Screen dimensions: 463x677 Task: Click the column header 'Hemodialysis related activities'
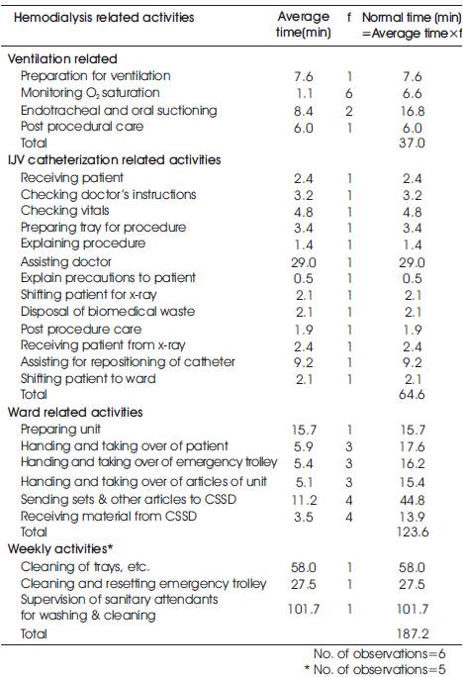click(x=104, y=18)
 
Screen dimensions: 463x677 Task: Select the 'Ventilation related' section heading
click(x=62, y=58)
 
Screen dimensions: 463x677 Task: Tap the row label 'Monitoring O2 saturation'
click(x=90, y=93)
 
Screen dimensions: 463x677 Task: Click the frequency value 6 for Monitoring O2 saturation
click(x=349, y=93)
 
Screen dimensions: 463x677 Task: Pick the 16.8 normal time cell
click(x=413, y=111)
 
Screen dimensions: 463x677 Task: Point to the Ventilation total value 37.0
click(x=413, y=143)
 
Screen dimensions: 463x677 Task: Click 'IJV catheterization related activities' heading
click(x=115, y=160)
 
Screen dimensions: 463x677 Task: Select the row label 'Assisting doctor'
click(x=66, y=261)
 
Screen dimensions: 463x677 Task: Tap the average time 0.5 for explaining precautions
click(x=304, y=278)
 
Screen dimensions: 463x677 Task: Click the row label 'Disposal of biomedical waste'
click(x=108, y=312)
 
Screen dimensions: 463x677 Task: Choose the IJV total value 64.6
click(x=413, y=394)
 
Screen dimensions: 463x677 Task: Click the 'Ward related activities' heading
click(x=75, y=412)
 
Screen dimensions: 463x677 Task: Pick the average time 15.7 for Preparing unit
click(x=304, y=430)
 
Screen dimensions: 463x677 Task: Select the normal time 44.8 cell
click(x=413, y=500)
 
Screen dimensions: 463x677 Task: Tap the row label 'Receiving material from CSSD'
click(x=109, y=516)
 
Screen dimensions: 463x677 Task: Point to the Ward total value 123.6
click(x=413, y=532)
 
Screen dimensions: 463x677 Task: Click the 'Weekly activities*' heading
click(x=60, y=548)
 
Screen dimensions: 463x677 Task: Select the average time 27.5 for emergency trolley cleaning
click(x=304, y=584)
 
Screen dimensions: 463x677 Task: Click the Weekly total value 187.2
click(x=413, y=633)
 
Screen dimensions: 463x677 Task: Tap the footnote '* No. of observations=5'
click(x=375, y=669)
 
